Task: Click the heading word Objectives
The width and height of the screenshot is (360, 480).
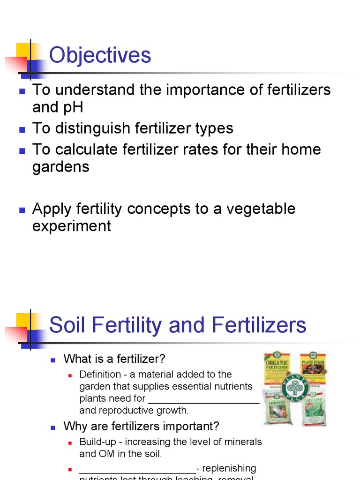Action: click(x=100, y=55)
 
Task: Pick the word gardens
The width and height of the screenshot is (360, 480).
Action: click(x=60, y=167)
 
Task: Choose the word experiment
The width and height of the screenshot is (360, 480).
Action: click(x=71, y=226)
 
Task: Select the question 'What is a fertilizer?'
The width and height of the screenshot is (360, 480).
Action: click(x=114, y=359)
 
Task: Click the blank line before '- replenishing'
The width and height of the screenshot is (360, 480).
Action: click(x=137, y=471)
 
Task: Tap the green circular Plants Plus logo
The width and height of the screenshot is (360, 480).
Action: click(x=295, y=388)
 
